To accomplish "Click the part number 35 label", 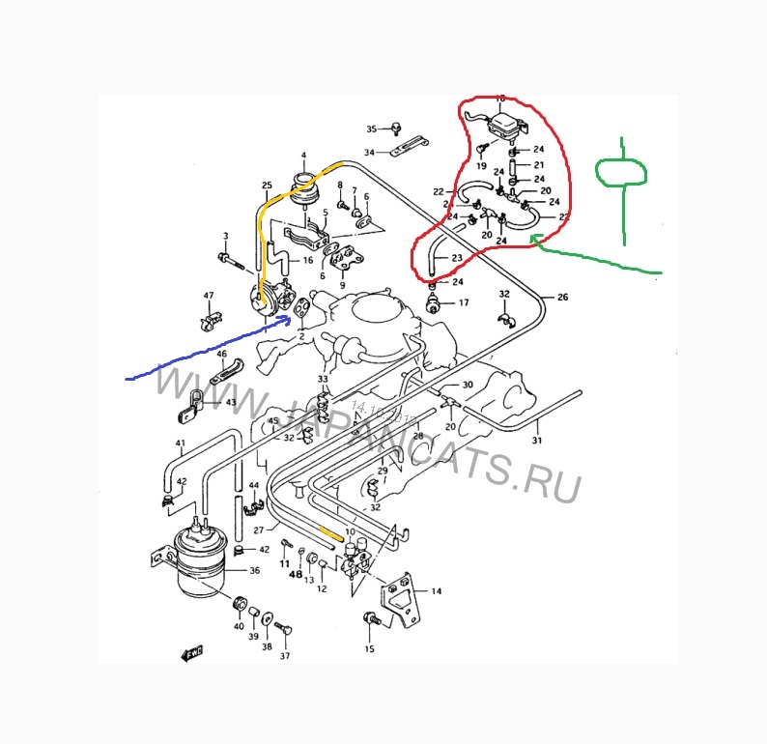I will tap(370, 129).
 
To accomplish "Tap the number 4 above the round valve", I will tap(302, 155).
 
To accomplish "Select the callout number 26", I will tap(563, 298).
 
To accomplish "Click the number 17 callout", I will tap(464, 302).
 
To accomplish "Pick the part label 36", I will tap(255, 571).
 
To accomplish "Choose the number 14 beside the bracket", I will tap(436, 590).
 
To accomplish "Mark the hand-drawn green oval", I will tap(621, 172).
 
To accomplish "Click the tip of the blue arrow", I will tap(289, 315).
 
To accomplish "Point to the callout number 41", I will tap(180, 444).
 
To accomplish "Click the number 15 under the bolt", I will tap(369, 648).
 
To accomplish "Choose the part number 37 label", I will tap(285, 656).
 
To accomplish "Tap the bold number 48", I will tap(296, 574).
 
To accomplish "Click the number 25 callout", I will tap(267, 185).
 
